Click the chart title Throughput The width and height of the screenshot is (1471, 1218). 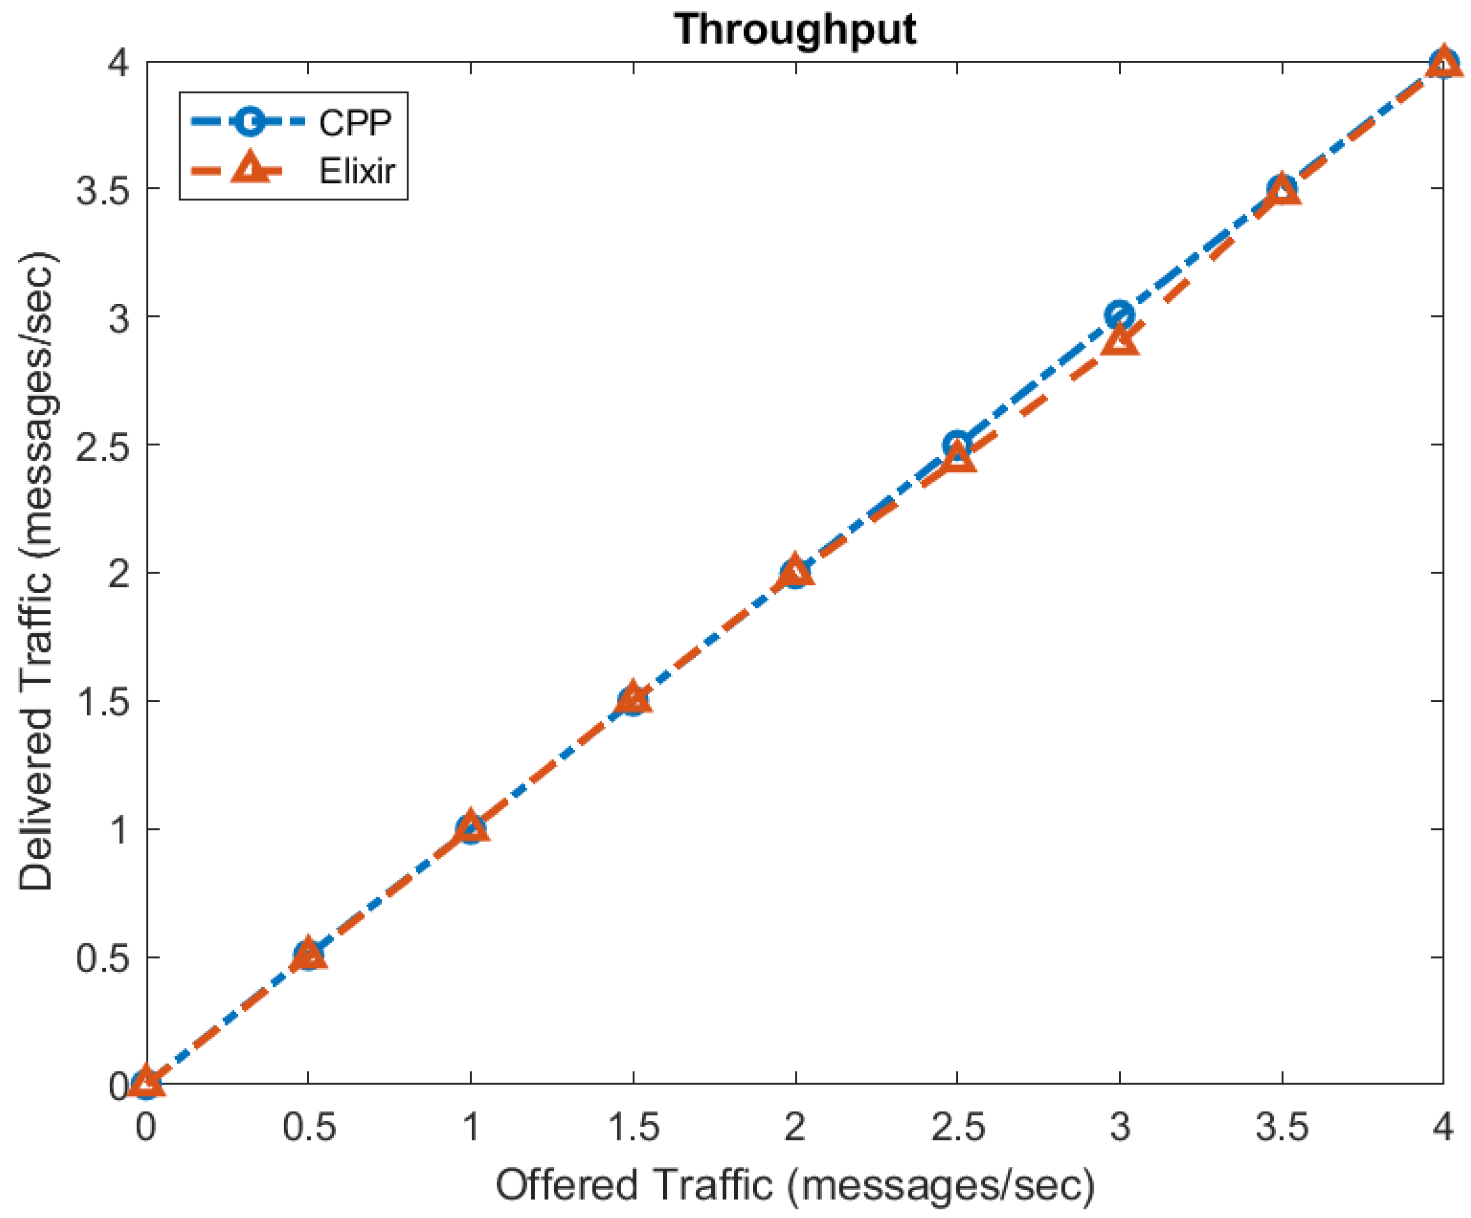pos(795,29)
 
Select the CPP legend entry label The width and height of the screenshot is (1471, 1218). pos(355,122)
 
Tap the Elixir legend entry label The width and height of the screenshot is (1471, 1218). pos(357,171)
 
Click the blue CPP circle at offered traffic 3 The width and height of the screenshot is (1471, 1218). pos(1120,316)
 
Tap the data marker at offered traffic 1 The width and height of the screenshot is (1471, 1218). pos(471,829)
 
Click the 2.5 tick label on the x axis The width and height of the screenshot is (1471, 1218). pos(958,1127)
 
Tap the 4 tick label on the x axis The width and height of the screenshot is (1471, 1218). pos(1442,1127)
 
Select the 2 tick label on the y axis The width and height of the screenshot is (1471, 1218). pos(119,574)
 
